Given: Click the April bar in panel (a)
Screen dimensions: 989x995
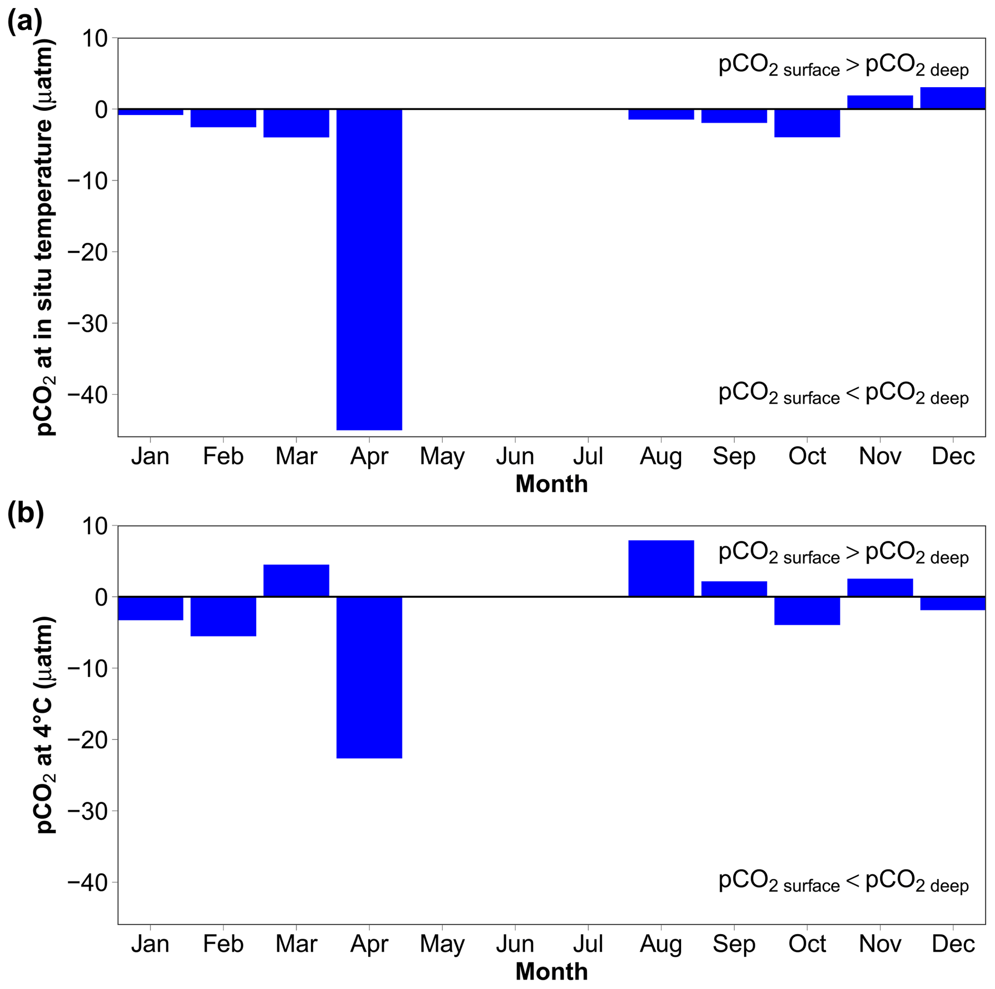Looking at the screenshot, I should tap(369, 269).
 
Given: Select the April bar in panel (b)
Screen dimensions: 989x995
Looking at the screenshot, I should tap(369, 677).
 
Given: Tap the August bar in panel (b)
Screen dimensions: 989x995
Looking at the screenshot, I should tap(661, 568).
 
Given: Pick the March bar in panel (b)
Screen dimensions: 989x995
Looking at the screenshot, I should tap(296, 581).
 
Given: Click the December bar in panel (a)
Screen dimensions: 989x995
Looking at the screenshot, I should tap(952, 98).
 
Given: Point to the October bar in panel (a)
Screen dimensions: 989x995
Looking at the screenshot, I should tap(807, 123).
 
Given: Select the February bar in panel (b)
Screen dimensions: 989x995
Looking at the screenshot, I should tap(223, 617).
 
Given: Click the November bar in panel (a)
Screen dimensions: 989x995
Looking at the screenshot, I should tap(879, 102).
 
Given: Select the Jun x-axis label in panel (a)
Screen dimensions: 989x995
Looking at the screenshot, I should tap(515, 456).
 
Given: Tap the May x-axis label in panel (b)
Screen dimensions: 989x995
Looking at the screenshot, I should tap(442, 945).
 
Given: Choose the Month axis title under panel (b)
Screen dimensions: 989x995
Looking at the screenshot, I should tap(552, 972).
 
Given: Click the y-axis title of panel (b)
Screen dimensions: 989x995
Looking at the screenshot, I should tap(45, 724).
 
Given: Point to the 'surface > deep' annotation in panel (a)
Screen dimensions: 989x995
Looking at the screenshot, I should tap(843, 66).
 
